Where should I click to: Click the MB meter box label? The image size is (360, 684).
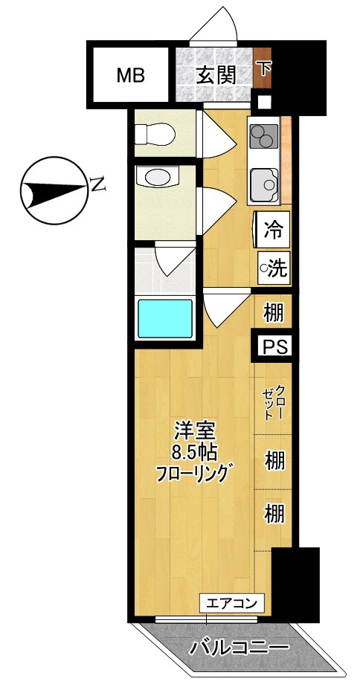click(x=130, y=75)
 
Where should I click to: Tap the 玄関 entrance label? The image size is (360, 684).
click(x=216, y=74)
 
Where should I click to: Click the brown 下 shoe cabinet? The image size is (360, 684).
click(x=264, y=68)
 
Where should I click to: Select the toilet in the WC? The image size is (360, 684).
click(x=156, y=135)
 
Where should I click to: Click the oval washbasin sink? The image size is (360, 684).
click(x=158, y=178)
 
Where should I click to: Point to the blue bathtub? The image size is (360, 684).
click(x=164, y=317)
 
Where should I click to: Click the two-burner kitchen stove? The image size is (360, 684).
click(x=263, y=136)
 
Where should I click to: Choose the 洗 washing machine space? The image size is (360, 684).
click(x=273, y=267)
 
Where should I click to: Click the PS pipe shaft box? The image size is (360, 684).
click(x=273, y=346)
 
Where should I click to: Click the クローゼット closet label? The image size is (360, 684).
click(x=273, y=402)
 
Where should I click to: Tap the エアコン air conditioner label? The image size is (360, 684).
click(x=231, y=603)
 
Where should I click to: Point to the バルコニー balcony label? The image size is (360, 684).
click(x=239, y=648)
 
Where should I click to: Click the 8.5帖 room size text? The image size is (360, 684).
click(x=194, y=451)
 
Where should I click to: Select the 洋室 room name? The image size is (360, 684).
click(x=194, y=430)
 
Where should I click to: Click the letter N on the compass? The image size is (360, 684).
click(x=97, y=184)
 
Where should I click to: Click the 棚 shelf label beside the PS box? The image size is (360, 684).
click(x=274, y=313)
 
